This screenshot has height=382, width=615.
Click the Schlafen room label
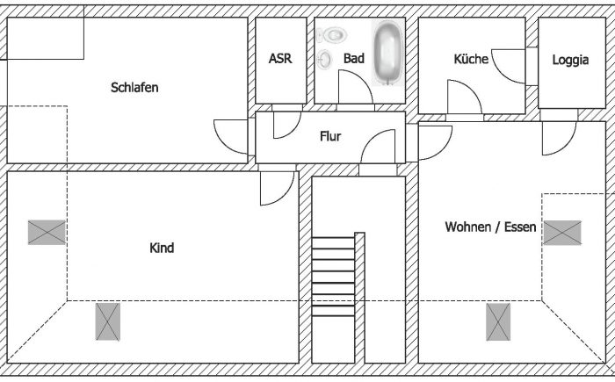coord(134,88)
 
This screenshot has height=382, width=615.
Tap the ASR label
coord(279,59)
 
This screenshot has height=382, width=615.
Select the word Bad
coord(353,59)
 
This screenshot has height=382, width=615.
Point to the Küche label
coord(471,59)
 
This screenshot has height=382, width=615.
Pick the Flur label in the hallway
coord(330,136)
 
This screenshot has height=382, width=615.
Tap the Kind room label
coord(162,249)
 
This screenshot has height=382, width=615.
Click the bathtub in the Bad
coord(387,53)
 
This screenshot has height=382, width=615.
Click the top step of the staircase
coord(333,241)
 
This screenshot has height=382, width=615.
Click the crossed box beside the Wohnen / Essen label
coord(562,231)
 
